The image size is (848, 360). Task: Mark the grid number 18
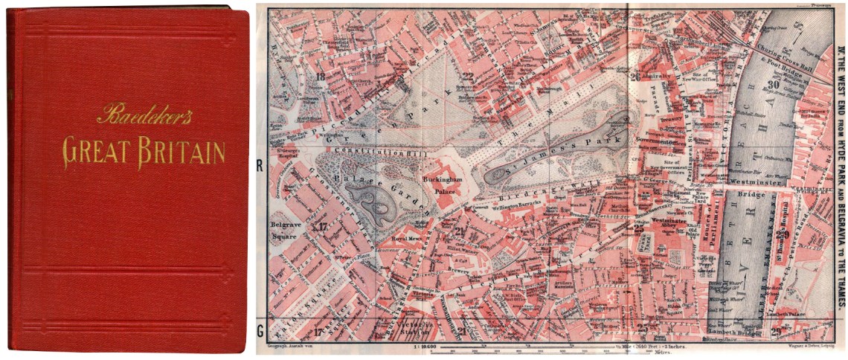(321, 76)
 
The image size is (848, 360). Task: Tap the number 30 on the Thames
(773, 84)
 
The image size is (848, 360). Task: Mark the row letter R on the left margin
(260, 166)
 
